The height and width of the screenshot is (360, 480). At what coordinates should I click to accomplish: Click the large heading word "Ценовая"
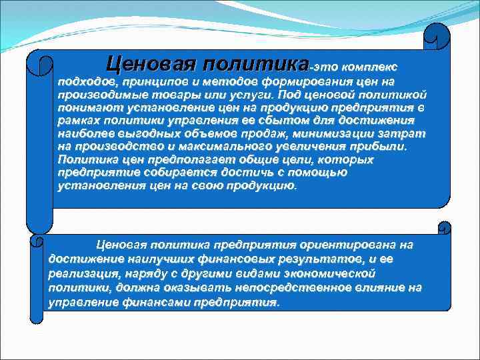pos(143,65)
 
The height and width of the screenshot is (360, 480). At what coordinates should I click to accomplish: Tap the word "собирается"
pos(171,173)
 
